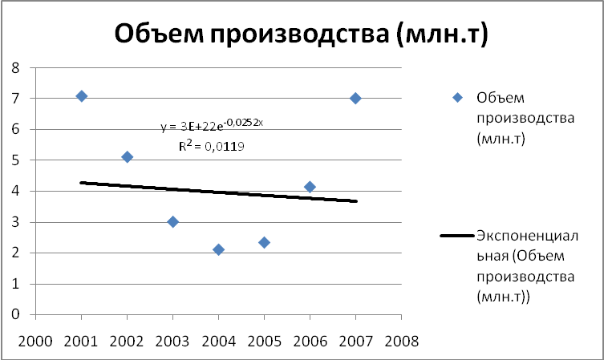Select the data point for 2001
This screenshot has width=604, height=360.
click(x=81, y=96)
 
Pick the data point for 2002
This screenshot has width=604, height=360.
click(x=127, y=157)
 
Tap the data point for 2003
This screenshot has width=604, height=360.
click(x=172, y=222)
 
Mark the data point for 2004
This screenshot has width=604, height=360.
click(x=218, y=249)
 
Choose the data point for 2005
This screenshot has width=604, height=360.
click(x=264, y=242)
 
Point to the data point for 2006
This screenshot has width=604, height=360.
click(x=310, y=187)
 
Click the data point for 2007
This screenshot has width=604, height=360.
click(x=355, y=98)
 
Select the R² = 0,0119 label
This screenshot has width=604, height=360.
click(x=212, y=146)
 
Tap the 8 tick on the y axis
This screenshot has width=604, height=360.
click(x=14, y=67)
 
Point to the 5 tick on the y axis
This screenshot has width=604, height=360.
click(x=14, y=160)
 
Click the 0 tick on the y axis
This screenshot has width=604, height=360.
click(x=14, y=315)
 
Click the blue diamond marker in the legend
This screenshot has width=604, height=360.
click(x=458, y=99)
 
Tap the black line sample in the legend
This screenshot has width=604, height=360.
click(x=458, y=236)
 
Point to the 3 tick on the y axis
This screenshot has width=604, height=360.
click(x=14, y=222)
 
